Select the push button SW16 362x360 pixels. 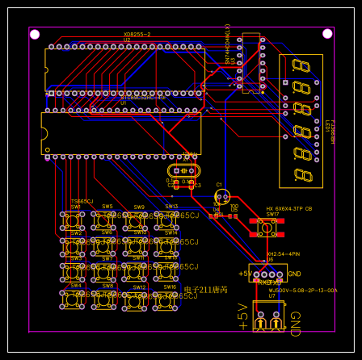pos(166,300)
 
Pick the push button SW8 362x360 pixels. pos(103,300)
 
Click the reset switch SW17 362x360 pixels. pos(266,227)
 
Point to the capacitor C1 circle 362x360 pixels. pos(222,195)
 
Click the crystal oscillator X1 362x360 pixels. pos(183,170)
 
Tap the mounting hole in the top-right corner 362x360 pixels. pos(327,34)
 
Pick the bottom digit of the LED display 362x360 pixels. pos(303,174)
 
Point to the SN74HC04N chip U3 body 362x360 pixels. pos(250,62)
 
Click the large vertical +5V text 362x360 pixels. pos(242,316)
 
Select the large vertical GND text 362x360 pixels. pos(295,324)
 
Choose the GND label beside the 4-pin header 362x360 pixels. pos(294,274)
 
